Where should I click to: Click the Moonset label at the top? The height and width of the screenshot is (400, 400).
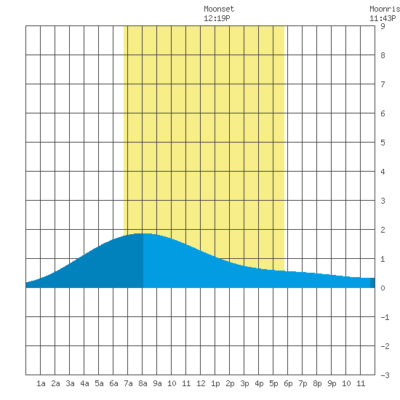click(219, 9)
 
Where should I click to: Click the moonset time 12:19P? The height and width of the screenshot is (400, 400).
click(217, 18)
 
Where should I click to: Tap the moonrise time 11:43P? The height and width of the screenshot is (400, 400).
click(383, 18)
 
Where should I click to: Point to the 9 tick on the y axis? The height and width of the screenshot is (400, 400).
click(383, 26)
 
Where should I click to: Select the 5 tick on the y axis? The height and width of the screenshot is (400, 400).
click(383, 143)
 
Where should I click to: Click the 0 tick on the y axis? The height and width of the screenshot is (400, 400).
click(383, 288)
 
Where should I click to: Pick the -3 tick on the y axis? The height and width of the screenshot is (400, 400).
click(385, 375)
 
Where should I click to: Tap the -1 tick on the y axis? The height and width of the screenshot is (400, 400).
click(385, 317)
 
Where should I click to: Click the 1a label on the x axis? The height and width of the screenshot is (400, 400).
click(41, 383)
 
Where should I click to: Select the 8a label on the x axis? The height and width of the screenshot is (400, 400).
click(143, 383)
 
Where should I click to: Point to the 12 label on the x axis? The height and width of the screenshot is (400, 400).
click(201, 383)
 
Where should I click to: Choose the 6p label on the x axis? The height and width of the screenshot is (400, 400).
click(288, 383)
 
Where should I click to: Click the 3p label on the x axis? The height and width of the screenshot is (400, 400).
click(244, 383)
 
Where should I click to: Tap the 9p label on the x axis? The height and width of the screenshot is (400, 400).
click(332, 383)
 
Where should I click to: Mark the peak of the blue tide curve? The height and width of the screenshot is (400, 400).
click(143, 233)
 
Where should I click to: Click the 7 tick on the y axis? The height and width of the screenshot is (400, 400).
click(383, 84)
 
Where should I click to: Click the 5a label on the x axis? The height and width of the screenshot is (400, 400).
click(99, 383)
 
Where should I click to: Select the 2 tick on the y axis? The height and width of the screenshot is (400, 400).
click(383, 230)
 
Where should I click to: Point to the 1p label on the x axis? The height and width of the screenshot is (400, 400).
click(215, 383)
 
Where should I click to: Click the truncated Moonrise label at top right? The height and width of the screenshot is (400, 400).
click(385, 9)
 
